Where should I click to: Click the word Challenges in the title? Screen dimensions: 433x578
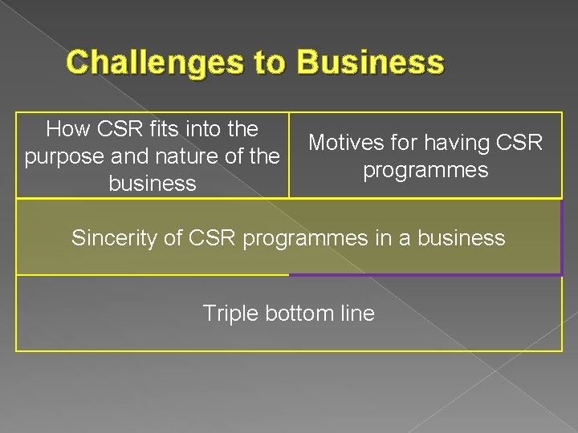(158, 62)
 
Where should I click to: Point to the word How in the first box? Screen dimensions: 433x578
(69, 128)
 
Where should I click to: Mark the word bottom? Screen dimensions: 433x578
(303, 313)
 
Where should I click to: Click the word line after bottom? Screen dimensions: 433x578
(358, 313)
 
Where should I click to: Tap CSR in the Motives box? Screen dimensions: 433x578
(521, 143)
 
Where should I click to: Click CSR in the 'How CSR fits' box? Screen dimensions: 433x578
(121, 128)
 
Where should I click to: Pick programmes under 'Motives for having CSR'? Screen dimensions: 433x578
(425, 170)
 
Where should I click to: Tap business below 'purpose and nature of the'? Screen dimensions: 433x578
(152, 184)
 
